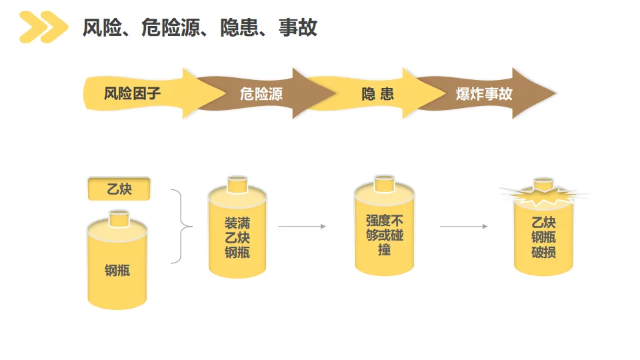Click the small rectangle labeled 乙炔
tap(119, 189)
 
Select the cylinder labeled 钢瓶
tap(117, 270)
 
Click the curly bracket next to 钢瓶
tap(179, 227)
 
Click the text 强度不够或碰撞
tap(384, 235)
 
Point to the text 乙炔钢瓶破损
tap(543, 237)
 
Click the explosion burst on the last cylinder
tap(543, 194)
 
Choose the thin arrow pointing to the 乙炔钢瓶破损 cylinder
tap(463, 227)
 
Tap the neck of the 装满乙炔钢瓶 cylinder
tap(237, 183)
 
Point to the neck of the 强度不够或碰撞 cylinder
tap(384, 182)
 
